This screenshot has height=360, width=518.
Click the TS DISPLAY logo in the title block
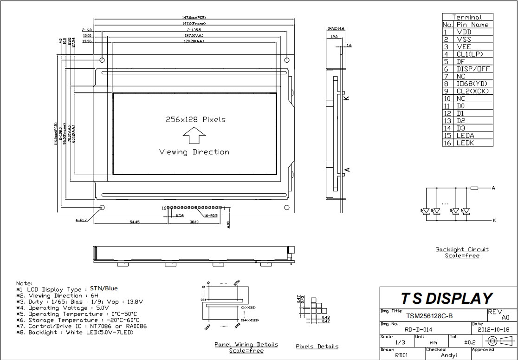(447, 298)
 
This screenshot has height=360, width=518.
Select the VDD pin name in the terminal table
(464, 32)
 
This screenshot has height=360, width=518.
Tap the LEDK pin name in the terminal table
(465, 143)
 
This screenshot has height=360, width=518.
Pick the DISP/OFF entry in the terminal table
(473, 69)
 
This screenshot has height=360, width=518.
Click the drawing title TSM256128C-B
(429, 316)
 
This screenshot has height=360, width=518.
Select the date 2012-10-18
(493, 329)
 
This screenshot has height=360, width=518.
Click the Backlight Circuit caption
(462, 249)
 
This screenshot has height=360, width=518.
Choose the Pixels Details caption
(317, 347)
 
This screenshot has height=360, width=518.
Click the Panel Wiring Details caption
(246, 344)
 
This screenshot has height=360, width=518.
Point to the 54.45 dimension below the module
(134, 222)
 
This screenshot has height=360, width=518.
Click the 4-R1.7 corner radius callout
(81, 220)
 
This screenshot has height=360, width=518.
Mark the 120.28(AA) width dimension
(194, 41)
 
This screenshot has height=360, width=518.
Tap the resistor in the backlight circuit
(474, 188)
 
